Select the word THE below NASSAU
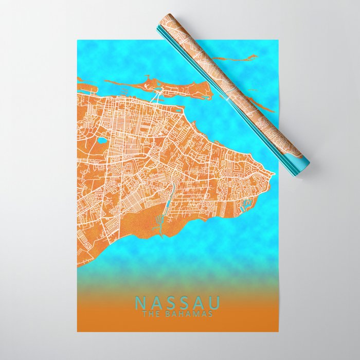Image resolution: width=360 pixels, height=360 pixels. point(150,314)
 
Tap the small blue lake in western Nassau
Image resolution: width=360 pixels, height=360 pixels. point(102,140)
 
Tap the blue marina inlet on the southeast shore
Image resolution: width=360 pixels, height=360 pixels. point(245,205)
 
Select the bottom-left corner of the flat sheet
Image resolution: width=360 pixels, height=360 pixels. point(78,331)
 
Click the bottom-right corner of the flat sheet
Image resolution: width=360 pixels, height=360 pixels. point(278,331)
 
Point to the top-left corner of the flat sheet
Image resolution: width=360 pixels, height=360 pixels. point(78,40)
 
